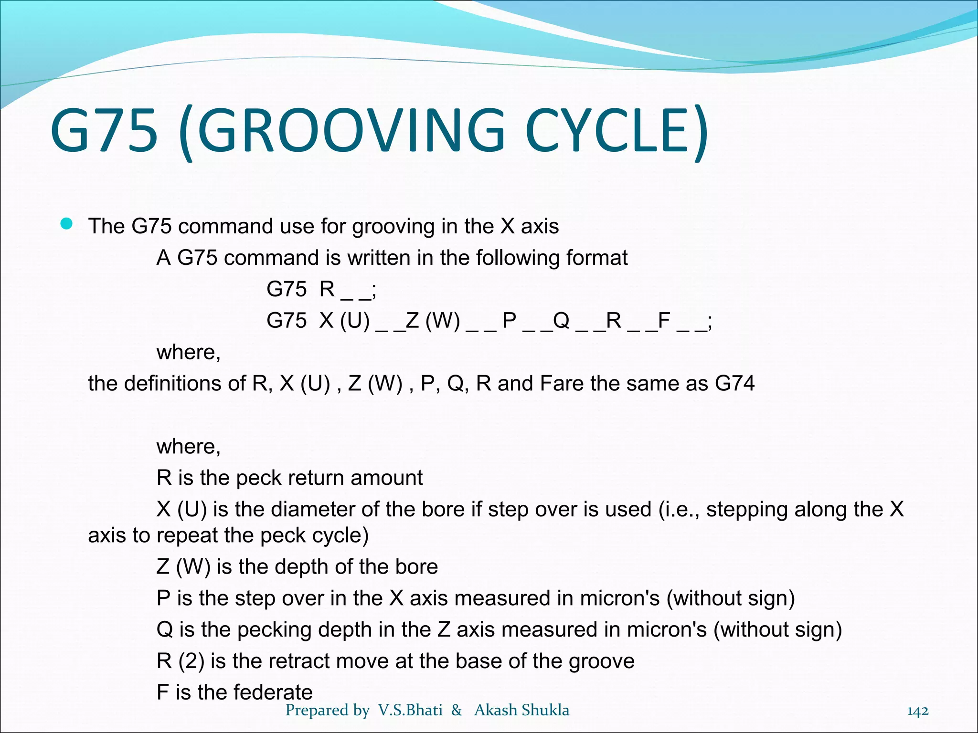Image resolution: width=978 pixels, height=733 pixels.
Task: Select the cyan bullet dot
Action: pos(67,224)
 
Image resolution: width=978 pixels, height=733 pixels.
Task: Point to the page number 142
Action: pos(917,711)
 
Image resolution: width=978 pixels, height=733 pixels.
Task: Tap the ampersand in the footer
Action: pos(457,710)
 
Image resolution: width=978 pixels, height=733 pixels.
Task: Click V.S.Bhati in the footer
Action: pos(410,710)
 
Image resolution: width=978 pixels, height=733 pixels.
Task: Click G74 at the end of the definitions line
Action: pos(734,384)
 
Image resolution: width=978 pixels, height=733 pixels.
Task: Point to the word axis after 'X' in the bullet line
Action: pos(540,226)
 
